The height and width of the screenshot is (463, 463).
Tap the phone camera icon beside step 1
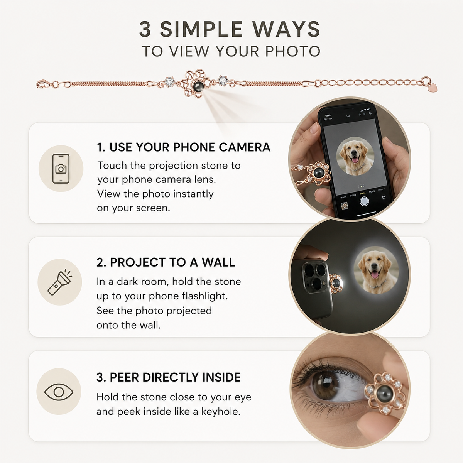tap(61, 169)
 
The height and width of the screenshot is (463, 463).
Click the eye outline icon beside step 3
tap(59, 392)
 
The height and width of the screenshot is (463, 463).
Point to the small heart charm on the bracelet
tap(433, 88)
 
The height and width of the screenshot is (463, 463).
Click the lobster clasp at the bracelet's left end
tap(44, 84)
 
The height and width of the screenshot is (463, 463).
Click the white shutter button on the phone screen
tap(364, 201)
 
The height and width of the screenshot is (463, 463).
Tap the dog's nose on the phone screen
tap(355, 153)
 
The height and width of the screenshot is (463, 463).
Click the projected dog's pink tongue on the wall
tap(375, 274)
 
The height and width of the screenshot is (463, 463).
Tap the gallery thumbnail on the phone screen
tap(344, 206)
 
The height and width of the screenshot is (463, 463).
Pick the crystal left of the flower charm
tap(170, 82)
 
